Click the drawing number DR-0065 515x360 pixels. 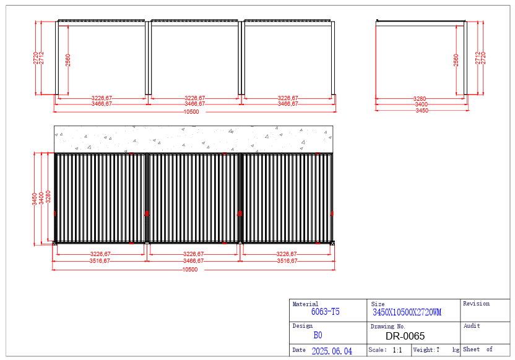pyautogui.click(x=405, y=336)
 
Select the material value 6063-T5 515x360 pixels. pyautogui.click(x=325, y=312)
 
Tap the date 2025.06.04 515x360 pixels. pyautogui.click(x=332, y=351)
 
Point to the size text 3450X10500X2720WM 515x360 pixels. pyautogui.click(x=407, y=312)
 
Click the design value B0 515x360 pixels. pyautogui.click(x=318, y=335)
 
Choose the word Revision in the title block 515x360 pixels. pyautogui.click(x=476, y=304)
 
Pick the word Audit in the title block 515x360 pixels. pyautogui.click(x=472, y=326)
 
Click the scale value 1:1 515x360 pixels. pyautogui.click(x=397, y=350)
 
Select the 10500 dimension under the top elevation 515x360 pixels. pyautogui.click(x=191, y=112)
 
